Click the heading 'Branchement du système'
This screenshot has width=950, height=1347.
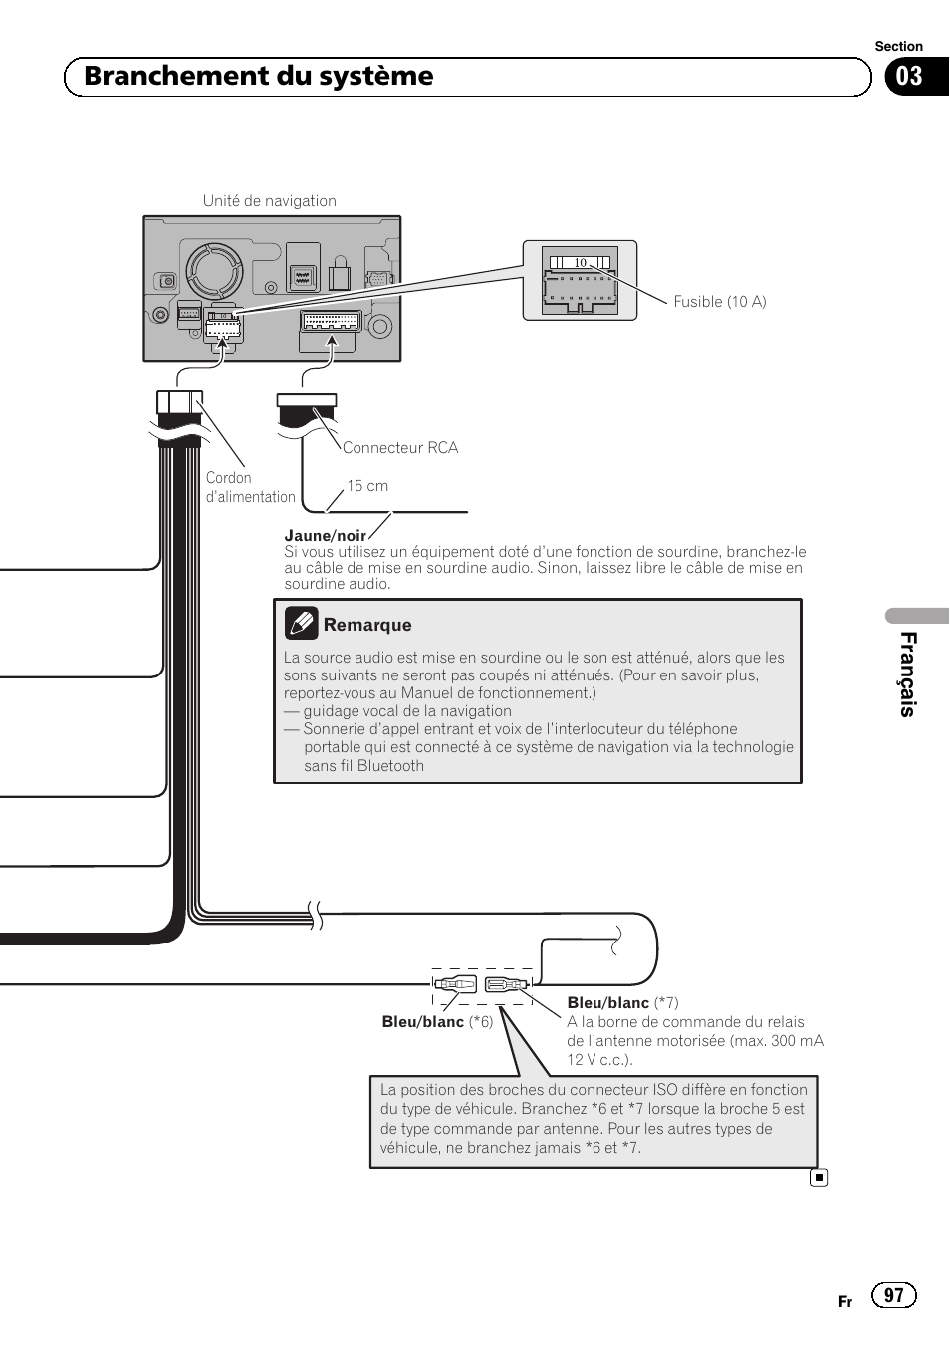tap(259, 77)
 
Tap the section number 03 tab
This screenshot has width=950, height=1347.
tap(909, 77)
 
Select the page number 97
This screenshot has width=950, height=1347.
tap(893, 1295)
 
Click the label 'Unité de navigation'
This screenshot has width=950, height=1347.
tap(269, 201)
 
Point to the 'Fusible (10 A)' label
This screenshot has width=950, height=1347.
tap(719, 302)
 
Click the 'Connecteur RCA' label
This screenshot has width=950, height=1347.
tap(400, 448)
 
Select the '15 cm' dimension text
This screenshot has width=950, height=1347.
tap(367, 486)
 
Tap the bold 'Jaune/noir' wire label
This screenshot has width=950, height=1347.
tap(325, 536)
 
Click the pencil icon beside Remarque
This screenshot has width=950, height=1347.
tap(301, 624)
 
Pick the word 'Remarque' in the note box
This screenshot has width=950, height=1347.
tap(367, 625)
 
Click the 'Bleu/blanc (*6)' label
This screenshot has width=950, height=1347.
tap(437, 1022)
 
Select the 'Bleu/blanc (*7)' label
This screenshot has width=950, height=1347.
tap(622, 1003)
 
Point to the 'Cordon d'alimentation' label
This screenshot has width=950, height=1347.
tap(250, 487)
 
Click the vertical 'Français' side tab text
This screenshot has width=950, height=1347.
tap(907, 673)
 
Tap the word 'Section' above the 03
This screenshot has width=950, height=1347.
tap(898, 46)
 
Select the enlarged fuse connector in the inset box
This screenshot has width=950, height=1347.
tap(580, 280)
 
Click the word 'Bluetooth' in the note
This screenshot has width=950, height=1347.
tap(390, 766)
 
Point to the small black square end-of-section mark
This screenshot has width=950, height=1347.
tap(819, 1178)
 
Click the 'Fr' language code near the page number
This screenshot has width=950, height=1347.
tap(845, 1302)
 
